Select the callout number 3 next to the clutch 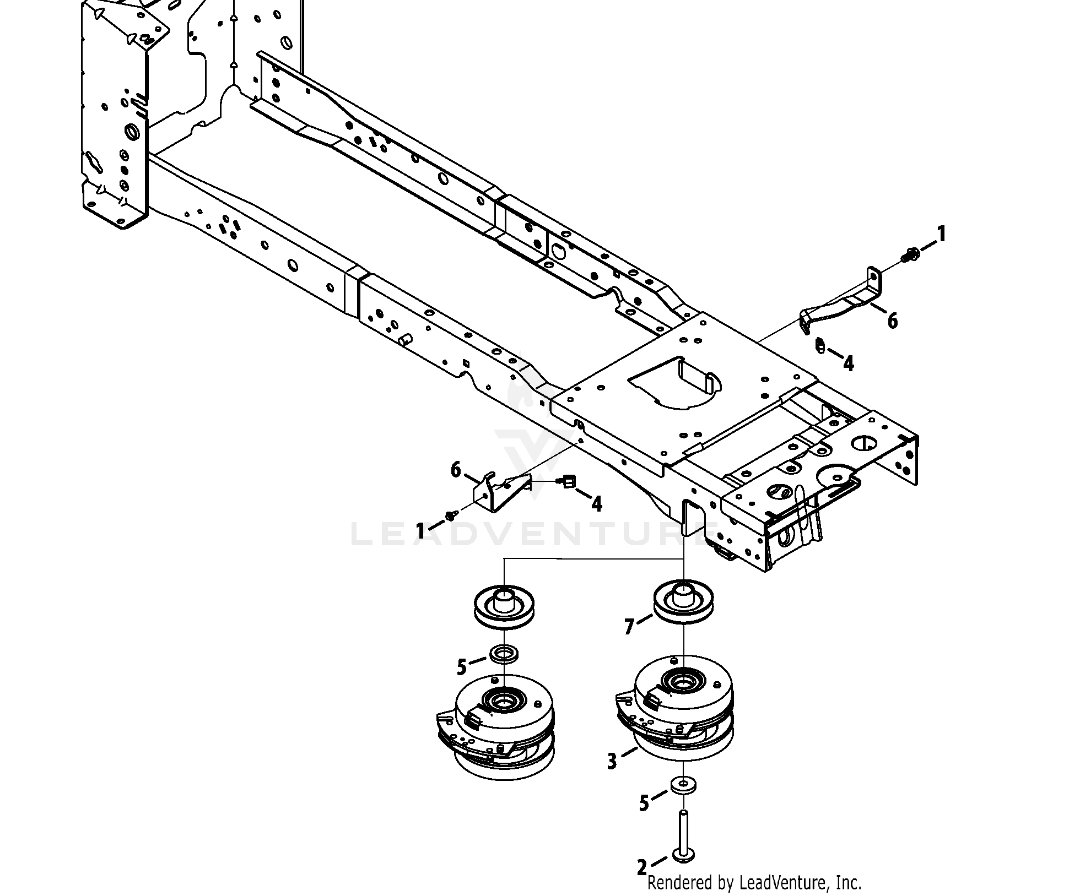coord(612,762)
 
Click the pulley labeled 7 coord(683,601)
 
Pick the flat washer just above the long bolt coord(683,784)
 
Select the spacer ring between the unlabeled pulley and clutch coord(503,654)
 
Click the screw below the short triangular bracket coord(452,515)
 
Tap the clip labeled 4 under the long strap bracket coord(820,346)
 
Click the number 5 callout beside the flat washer coord(644,803)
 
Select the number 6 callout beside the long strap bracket coord(892,320)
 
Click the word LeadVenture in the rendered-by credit coord(781,883)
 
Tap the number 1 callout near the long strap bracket coord(942,235)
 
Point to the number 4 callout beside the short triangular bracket coord(596,502)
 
